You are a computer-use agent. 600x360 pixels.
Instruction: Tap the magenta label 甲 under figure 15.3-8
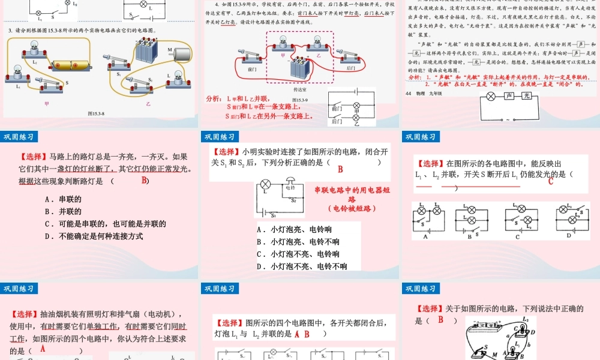47,103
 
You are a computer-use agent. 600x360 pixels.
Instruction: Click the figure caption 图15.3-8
96,112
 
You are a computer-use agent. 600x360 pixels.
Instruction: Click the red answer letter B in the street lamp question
144,181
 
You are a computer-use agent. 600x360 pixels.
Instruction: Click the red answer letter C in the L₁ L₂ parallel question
550,182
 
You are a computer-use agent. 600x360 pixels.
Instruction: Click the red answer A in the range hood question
296,334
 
